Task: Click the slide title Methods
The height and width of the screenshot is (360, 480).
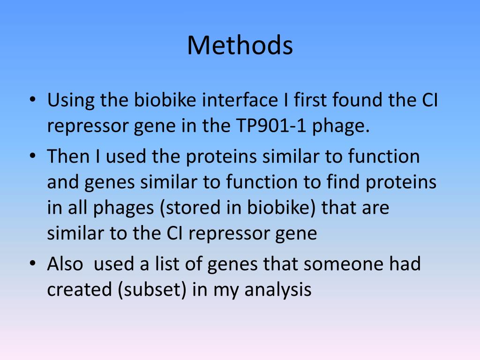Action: [x=240, y=46]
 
